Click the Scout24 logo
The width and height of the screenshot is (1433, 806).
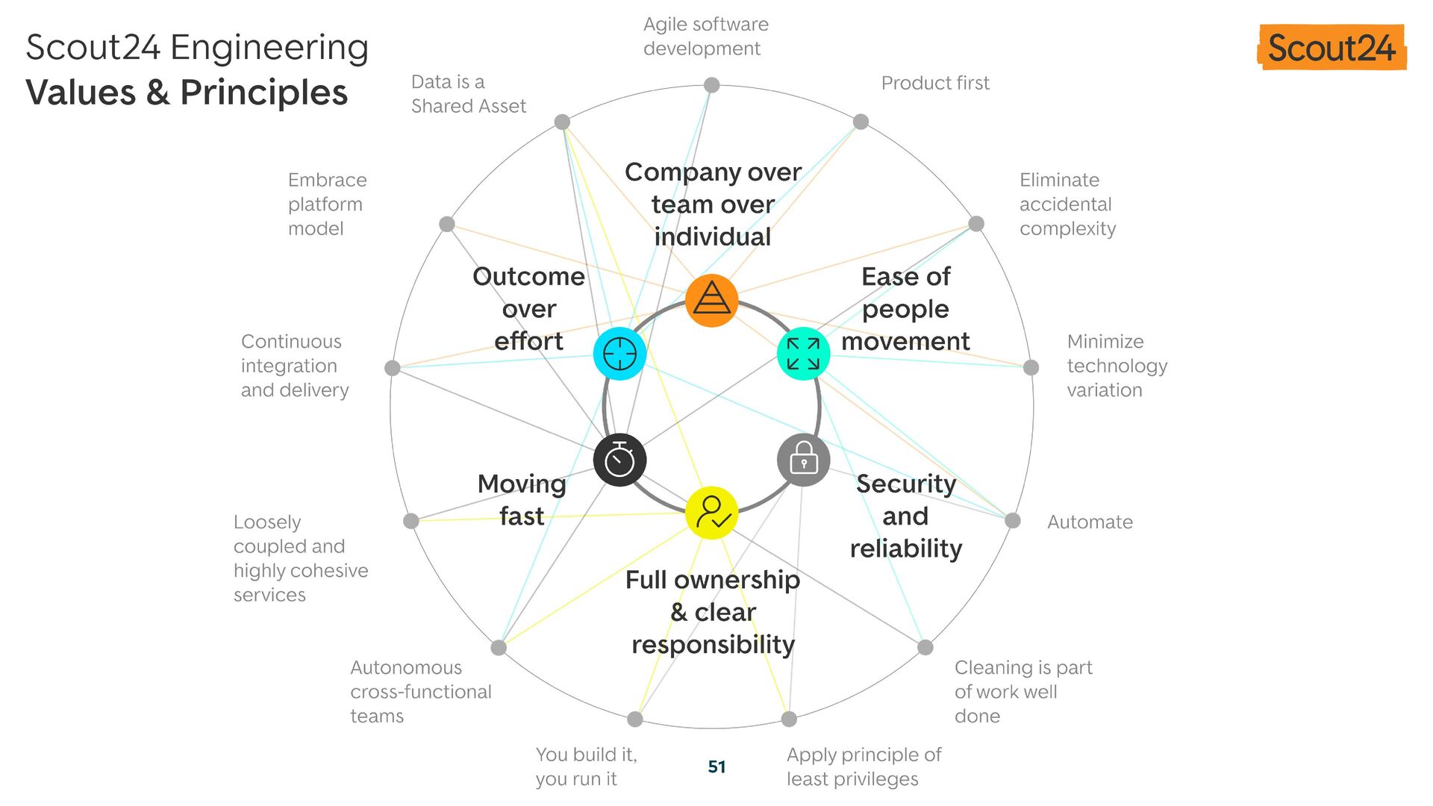tap(1331, 48)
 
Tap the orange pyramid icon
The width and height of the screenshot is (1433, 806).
tap(711, 300)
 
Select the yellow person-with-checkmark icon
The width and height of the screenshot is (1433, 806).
tap(711, 513)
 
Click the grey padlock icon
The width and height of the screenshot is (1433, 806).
tap(803, 460)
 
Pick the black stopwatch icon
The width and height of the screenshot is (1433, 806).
tap(619, 460)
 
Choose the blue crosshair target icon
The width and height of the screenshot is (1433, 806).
tap(619, 354)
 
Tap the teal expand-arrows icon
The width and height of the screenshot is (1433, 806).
tap(803, 354)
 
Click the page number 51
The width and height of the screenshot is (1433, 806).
tap(716, 766)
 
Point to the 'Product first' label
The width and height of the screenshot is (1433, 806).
tap(934, 83)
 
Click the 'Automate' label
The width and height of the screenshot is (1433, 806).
tap(1089, 522)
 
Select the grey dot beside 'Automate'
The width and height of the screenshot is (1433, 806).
tap(1012, 521)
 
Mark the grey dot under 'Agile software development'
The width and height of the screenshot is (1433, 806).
tap(712, 85)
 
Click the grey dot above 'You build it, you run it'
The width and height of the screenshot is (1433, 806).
tap(634, 719)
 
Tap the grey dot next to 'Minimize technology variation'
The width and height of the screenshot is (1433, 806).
tap(1031, 367)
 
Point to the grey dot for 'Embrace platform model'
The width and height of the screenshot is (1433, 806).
tap(447, 224)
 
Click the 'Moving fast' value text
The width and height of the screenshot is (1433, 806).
tap(522, 499)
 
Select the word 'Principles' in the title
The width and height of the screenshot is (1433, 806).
tap(264, 93)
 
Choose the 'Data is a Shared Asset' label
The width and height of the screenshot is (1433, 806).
tap(468, 94)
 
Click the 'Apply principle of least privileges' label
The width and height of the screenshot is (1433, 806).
tap(864, 766)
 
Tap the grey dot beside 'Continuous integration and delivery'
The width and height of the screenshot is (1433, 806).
tap(393, 367)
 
